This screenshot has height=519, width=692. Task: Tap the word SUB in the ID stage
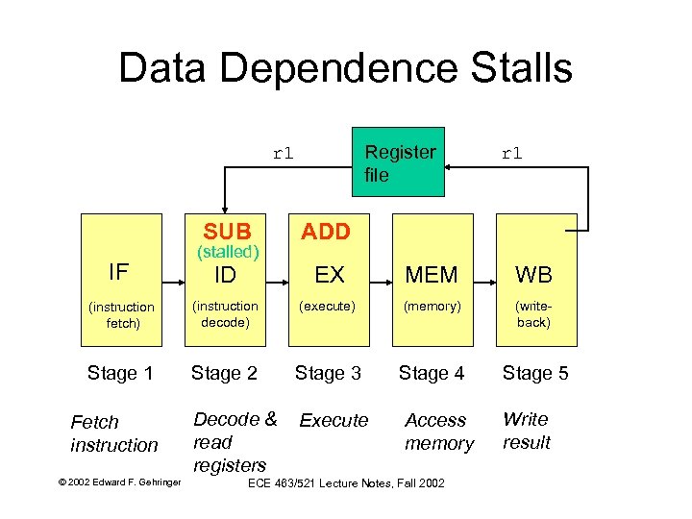pos(227,232)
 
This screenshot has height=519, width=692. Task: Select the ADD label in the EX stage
pos(327,232)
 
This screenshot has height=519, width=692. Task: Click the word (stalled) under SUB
pos(228,253)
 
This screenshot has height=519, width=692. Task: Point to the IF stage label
pos(118,272)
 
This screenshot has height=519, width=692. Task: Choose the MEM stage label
pos(432,275)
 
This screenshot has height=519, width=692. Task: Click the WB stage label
pos(533,275)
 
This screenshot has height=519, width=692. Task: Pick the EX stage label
pos(330,275)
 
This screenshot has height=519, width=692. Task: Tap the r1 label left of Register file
pos(284,152)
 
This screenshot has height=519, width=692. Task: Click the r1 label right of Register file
pos(511,152)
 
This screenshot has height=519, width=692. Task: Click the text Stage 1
pos(119,373)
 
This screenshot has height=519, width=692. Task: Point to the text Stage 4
pos(432,373)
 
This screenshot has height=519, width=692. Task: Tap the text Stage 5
pos(535,373)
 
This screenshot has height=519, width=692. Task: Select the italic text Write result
pos(526,431)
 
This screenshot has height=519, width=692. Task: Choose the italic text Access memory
pos(438,432)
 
